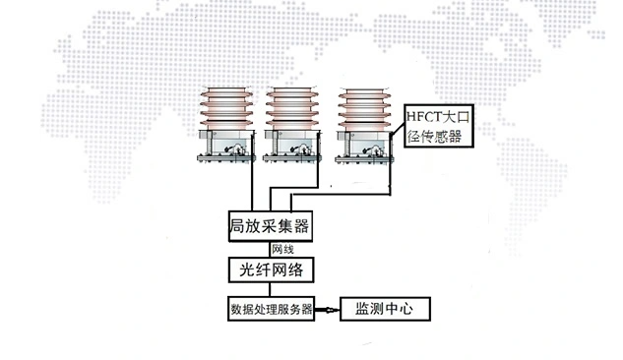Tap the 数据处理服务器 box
271,309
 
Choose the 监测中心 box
384,309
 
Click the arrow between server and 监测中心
327,309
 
